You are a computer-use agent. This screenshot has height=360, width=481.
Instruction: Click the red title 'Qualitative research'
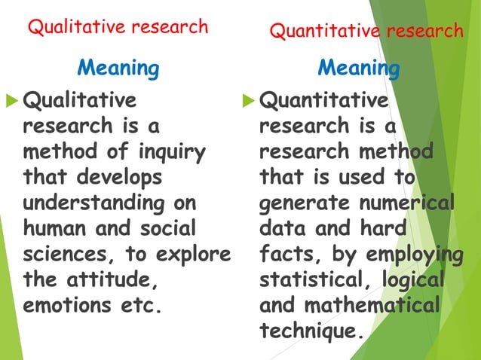[118, 27]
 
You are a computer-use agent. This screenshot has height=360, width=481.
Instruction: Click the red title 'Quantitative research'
[366, 31]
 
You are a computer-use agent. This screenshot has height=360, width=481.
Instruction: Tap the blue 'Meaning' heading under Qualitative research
[118, 69]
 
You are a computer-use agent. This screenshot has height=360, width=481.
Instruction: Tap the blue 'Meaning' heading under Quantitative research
[358, 69]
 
